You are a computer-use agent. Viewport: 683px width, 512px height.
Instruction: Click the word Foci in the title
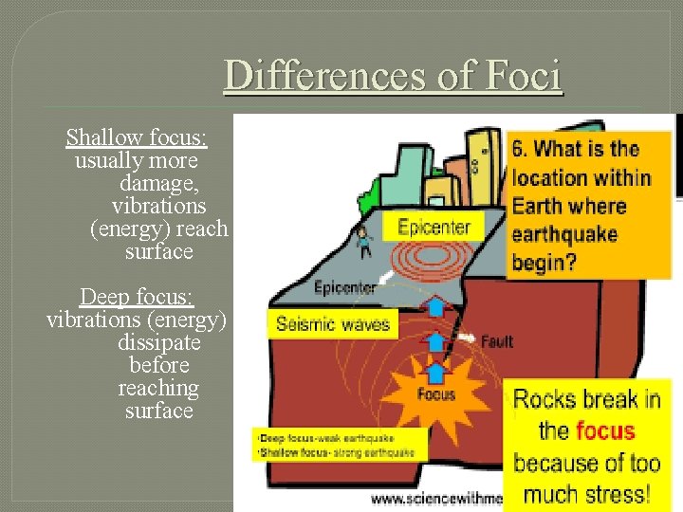(524, 76)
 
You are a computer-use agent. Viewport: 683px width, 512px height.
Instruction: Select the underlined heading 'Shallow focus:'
(137, 138)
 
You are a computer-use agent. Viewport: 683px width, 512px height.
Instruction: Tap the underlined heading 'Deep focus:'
(137, 297)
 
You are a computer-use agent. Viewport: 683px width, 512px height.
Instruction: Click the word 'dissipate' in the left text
(158, 342)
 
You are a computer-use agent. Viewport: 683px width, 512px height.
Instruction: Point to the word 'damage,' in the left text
(158, 183)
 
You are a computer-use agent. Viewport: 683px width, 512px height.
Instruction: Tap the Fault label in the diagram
(497, 341)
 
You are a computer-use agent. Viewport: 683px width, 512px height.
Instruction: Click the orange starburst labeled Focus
(436, 393)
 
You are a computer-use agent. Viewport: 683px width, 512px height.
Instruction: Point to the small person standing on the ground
(362, 242)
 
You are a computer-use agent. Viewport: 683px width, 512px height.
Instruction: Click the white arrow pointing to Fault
(466, 337)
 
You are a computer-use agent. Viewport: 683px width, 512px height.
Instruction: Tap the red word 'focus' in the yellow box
(604, 431)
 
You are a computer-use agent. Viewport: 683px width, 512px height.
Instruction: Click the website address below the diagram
(436, 498)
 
